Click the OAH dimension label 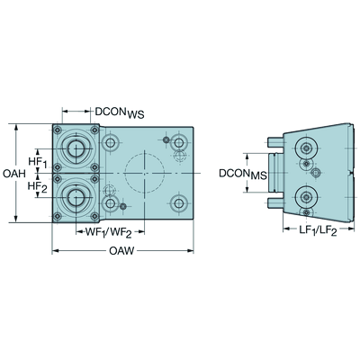(x=14, y=174)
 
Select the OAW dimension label (x=121, y=250)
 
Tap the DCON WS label (x=120, y=112)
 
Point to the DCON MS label (x=243, y=174)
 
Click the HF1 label (x=38, y=162)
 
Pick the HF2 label (x=38, y=187)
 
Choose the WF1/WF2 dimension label (x=109, y=232)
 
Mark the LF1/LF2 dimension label (x=318, y=230)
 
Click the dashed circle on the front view (x=145, y=154)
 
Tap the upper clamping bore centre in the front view (x=76, y=148)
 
